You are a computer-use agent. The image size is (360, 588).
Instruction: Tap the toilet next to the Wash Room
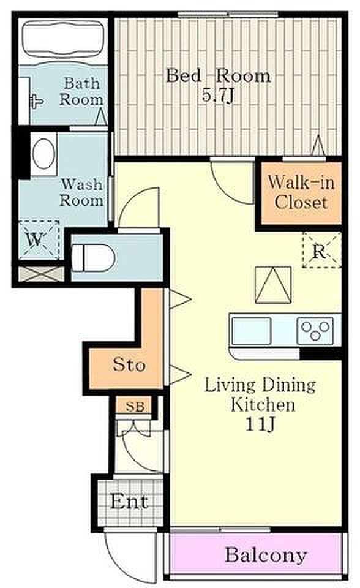[93, 257]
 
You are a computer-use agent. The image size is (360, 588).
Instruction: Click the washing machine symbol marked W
[39, 239]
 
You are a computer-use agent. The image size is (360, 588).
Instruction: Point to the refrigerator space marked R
[322, 250]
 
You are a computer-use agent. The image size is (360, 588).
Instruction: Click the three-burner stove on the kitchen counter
[315, 331]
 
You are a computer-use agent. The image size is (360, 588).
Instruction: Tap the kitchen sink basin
[251, 331]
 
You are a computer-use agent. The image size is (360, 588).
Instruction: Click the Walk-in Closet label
[301, 192]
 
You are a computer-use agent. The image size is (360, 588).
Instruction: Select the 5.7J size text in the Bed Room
[218, 96]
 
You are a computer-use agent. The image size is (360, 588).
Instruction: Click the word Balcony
[266, 555]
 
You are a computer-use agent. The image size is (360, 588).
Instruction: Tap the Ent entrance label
[129, 502]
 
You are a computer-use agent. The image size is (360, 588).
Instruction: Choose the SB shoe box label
[135, 406]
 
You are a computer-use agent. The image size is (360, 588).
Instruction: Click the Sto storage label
[129, 364]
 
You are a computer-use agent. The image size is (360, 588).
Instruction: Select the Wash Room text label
[82, 192]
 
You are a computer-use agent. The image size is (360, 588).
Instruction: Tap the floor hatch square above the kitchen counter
[273, 285]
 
